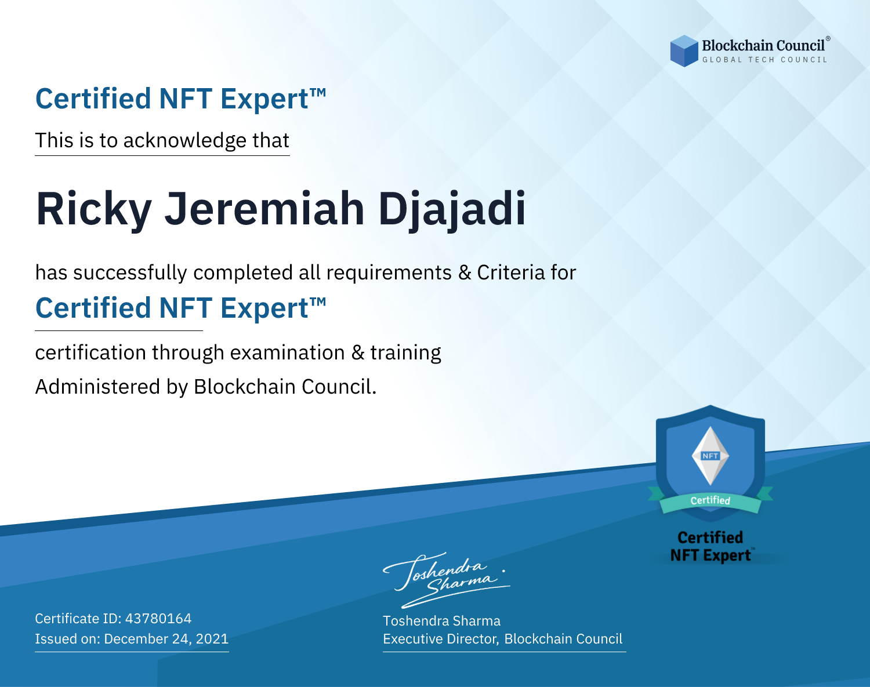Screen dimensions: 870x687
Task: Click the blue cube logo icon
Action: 684,51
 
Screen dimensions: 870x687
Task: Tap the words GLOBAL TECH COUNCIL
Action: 765,60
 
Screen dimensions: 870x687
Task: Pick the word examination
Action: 288,352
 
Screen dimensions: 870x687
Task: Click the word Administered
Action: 97,386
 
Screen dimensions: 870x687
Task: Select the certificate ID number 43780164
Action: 158,618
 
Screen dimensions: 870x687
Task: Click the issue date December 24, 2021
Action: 166,639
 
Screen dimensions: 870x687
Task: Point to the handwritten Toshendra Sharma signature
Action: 447,580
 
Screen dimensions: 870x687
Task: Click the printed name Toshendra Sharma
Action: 441,621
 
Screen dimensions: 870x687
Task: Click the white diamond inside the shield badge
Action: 710,456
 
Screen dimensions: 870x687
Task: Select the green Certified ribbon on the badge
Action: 710,501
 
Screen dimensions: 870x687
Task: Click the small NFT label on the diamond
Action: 710,456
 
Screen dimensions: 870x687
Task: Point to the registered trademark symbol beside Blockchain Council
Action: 828,39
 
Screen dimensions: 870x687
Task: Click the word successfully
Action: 130,273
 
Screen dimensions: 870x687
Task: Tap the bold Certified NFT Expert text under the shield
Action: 710,546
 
